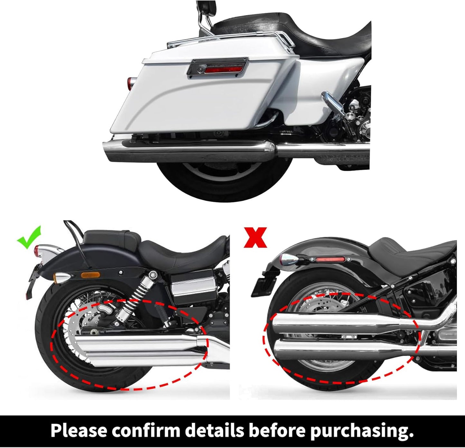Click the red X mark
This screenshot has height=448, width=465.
[x=256, y=237]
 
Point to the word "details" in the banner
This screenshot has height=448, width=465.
[x=219, y=431]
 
